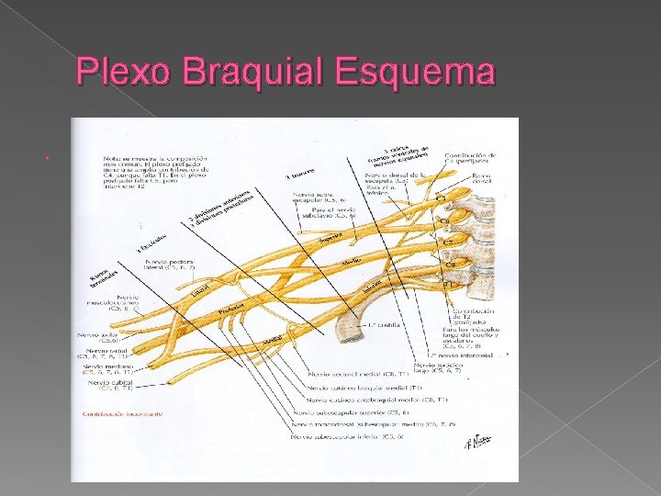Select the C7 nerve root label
(450, 242)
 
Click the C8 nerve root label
(452, 264)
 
